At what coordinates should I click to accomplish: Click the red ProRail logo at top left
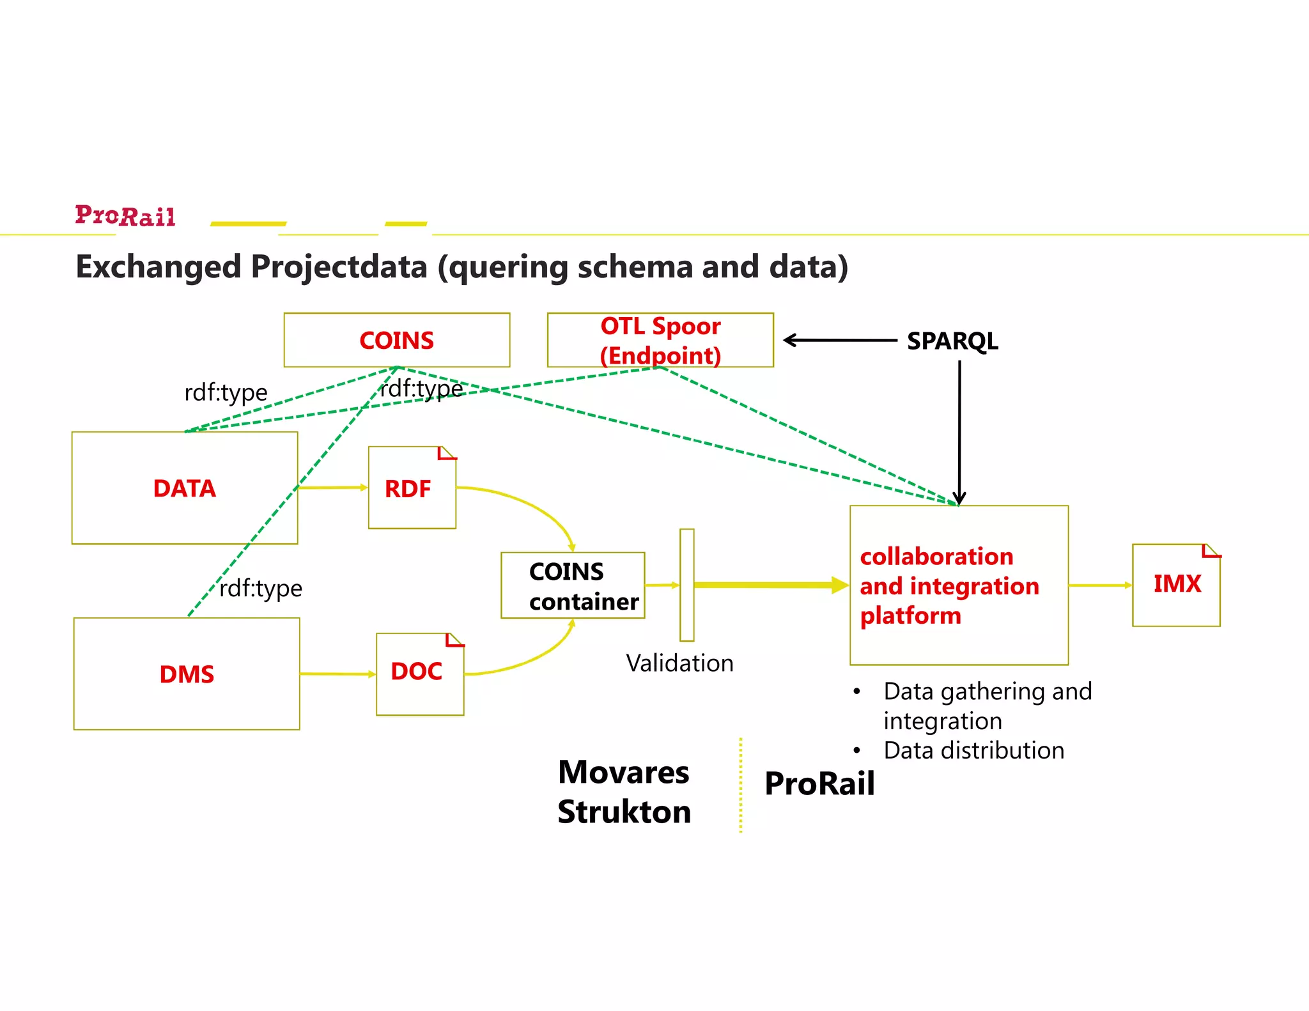point(125,216)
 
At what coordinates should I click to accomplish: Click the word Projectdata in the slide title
point(339,267)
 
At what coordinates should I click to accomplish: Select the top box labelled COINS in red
point(396,340)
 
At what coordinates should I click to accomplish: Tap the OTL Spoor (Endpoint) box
point(660,340)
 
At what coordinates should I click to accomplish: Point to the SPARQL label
point(952,341)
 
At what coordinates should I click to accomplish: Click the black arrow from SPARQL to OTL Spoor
point(840,340)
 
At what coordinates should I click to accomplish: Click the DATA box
point(185,488)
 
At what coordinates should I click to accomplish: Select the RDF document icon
point(412,488)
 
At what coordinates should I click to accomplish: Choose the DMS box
point(187,674)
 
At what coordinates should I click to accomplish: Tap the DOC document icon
point(419,674)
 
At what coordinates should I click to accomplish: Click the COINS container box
point(573,585)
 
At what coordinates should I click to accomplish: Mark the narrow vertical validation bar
point(686,585)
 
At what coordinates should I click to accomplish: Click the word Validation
point(679,663)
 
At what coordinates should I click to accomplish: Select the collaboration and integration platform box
point(959,585)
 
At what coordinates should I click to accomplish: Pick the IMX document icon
point(1176,585)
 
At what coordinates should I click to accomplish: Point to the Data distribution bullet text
point(973,750)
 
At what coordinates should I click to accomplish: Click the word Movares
point(623,772)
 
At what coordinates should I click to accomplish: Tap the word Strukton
point(624,812)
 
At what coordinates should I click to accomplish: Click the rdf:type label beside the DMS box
point(260,589)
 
